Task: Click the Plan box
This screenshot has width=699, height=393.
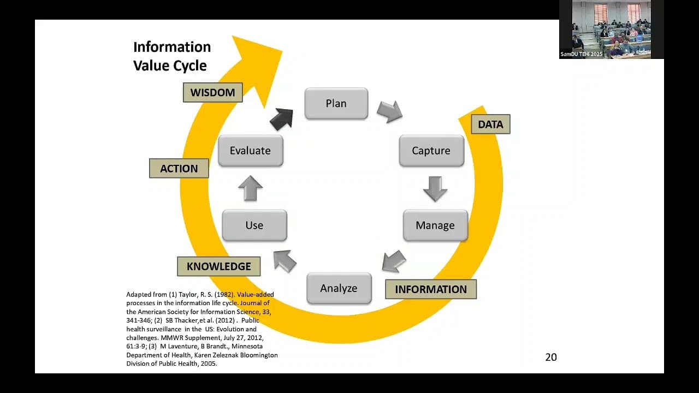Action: pos(336,103)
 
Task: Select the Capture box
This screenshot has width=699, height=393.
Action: pos(431,151)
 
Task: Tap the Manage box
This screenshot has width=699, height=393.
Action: pos(435,225)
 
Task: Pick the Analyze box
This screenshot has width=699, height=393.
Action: pos(339,288)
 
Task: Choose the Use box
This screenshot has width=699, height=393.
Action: pos(254,225)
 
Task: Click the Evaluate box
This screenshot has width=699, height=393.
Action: pos(250,151)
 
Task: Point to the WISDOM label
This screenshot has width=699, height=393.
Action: pos(212,92)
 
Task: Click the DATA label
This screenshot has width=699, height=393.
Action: pos(490,124)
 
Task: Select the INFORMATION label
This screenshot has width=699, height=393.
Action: pos(430,289)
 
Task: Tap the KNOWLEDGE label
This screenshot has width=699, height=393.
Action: pos(218,266)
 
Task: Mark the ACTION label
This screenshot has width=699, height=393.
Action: pos(179,169)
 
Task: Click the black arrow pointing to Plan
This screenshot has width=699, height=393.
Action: pos(282,118)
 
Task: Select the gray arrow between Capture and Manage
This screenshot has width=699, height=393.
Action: pos(435,188)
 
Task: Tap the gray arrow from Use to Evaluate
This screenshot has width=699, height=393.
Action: pos(250,188)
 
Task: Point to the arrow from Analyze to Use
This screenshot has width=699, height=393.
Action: pos(285,260)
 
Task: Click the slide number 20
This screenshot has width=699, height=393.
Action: pos(551,358)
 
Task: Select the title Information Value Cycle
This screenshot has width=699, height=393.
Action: pos(171,56)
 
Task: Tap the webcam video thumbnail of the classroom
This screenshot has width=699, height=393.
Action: pos(611,29)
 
